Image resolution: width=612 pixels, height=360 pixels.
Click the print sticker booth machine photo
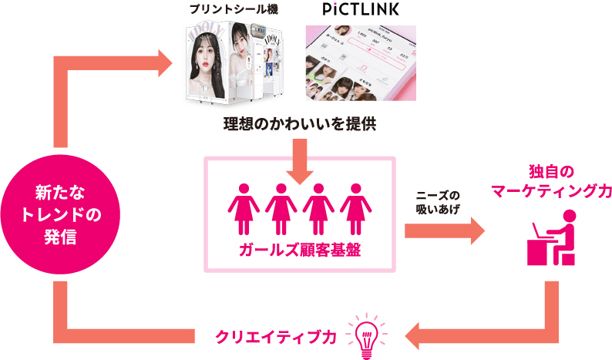(x=230, y=65)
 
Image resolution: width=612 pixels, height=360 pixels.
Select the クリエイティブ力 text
(x=276, y=336)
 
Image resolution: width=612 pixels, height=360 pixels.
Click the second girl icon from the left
(x=281, y=208)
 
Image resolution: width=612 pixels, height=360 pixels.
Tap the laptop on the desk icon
(x=539, y=232)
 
